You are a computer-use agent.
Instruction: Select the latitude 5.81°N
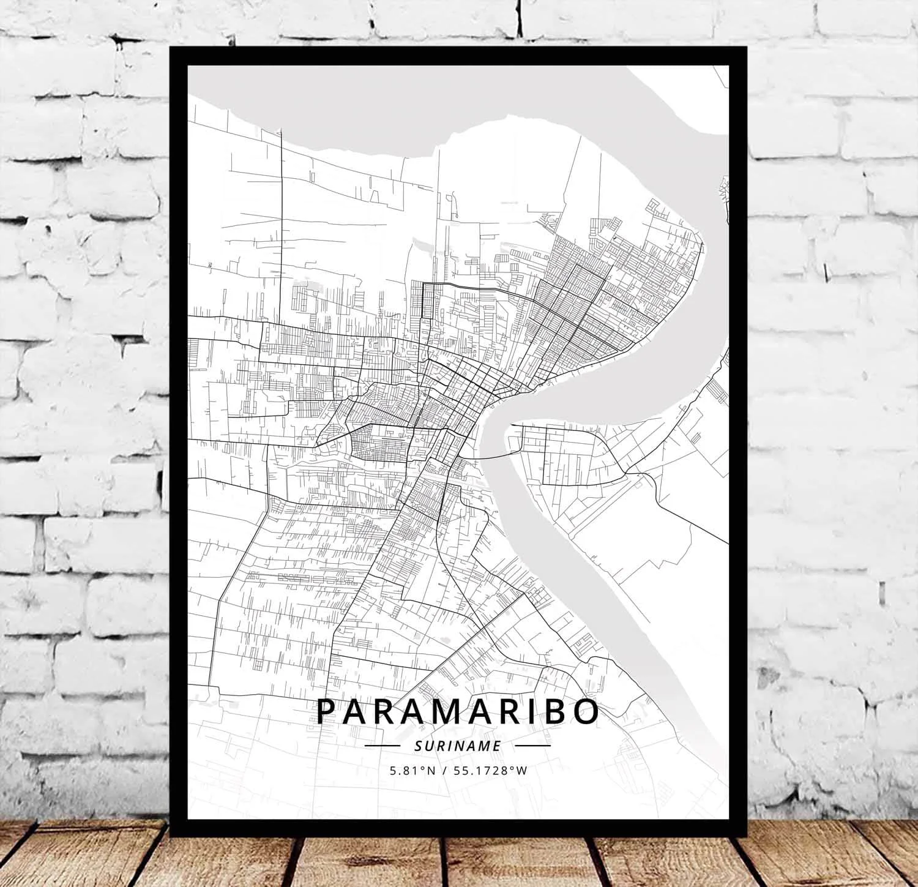(412, 771)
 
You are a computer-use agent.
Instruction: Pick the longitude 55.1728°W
(488, 771)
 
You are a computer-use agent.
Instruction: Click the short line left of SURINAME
(382, 746)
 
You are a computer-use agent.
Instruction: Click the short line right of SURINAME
(532, 746)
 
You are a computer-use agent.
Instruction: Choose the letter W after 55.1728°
(521, 771)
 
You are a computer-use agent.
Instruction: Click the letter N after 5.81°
(431, 771)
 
